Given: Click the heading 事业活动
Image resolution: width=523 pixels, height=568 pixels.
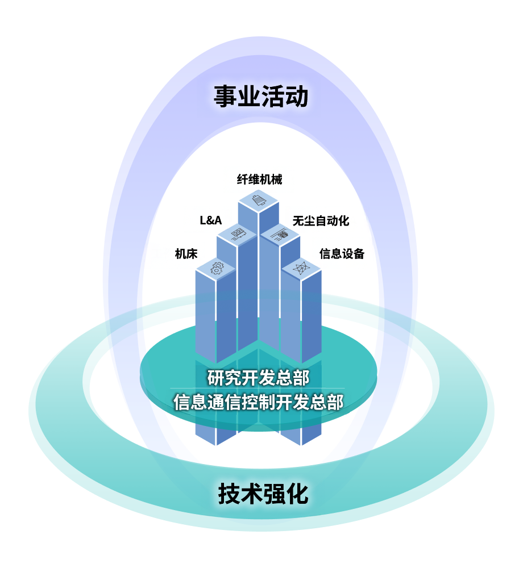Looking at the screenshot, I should click(261, 97).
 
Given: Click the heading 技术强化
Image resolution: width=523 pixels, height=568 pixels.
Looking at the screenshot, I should click(263, 494).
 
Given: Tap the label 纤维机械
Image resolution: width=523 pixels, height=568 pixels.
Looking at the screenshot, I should click(259, 179).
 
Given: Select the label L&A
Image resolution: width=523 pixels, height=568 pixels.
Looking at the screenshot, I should click(211, 220).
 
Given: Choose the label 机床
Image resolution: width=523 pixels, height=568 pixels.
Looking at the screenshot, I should click(186, 254).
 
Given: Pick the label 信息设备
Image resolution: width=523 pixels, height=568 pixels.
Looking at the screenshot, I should click(342, 254).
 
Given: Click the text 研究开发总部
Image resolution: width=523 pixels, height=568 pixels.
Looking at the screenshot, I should click(259, 377).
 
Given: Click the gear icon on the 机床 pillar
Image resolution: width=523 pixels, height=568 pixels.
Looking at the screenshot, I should click(217, 268).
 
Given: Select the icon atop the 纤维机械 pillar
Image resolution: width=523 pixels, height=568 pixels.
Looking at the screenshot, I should click(259, 200).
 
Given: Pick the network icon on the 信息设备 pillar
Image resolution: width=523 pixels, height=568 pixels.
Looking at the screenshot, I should click(301, 268).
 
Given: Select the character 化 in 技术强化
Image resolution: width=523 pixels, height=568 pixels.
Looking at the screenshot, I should click(297, 494).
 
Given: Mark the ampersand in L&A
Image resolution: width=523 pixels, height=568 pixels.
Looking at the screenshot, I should click(211, 220).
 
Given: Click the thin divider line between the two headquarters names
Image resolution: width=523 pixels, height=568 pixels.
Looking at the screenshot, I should click(259, 389).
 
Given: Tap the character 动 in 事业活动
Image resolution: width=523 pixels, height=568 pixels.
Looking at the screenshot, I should click(297, 97).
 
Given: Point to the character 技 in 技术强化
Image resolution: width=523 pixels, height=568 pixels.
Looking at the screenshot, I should click(229, 494).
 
